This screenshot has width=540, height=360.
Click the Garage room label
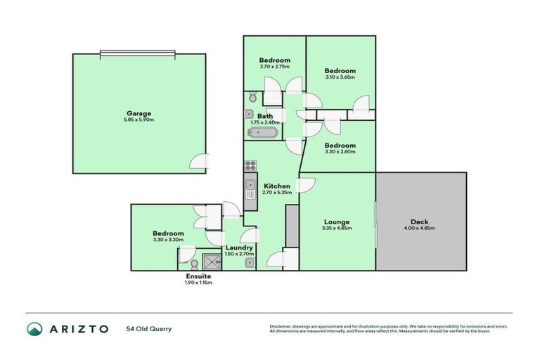[139, 113]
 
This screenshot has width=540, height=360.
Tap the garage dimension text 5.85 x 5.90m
[139, 120]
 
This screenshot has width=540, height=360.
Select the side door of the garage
[200, 162]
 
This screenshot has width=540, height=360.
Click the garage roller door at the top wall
[139, 53]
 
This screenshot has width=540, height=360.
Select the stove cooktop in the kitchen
[250, 166]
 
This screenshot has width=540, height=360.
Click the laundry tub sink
[250, 263]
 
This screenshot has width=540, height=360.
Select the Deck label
[420, 221]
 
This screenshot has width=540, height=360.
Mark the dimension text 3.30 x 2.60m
[340, 153]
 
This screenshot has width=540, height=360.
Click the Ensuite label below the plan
[198, 276]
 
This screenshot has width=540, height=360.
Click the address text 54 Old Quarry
[149, 329]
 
